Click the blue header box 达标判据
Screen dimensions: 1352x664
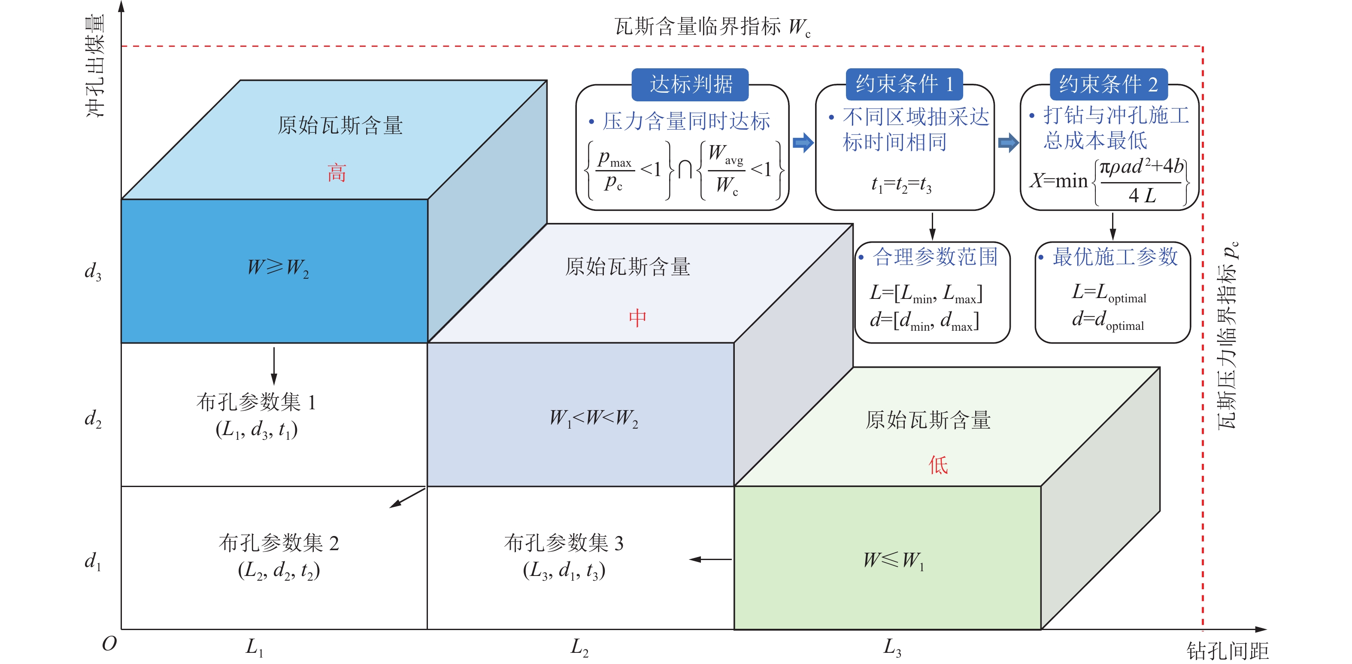pos(690,85)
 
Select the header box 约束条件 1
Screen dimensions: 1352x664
pos(904,85)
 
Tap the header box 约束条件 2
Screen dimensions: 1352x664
pos(1109,85)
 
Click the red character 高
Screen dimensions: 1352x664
pos(337,173)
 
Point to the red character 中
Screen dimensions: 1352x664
pos(638,318)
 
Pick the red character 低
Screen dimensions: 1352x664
pos(938,465)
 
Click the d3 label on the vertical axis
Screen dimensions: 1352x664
pos(93,271)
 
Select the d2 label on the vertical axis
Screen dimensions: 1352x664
pos(93,419)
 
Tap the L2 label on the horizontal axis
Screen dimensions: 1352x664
pos(579,647)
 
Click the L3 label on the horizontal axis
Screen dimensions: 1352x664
pos(892,647)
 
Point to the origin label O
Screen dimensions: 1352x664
pos(109,643)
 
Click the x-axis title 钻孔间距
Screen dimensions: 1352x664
pos(1228,651)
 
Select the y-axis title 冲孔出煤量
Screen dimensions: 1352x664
pos(96,66)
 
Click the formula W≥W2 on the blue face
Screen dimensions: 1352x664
pos(278,268)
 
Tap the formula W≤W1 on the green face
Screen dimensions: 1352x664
pos(894,560)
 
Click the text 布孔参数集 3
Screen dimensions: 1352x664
pos(564,542)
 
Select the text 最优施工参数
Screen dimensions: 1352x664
pos(1116,257)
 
